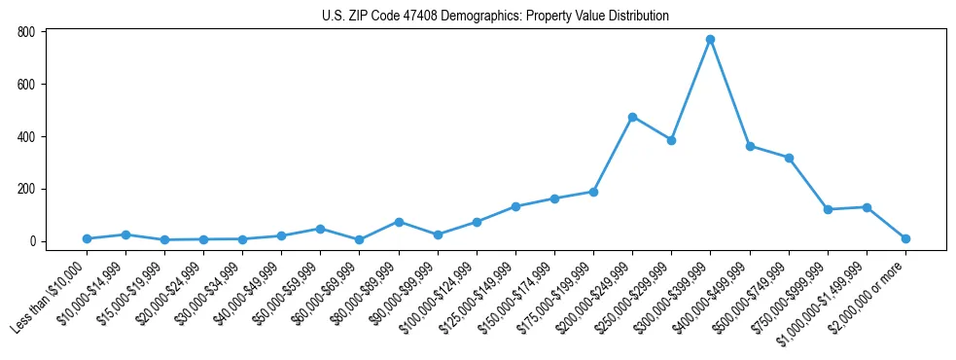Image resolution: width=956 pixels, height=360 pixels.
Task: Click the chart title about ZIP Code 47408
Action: (x=495, y=17)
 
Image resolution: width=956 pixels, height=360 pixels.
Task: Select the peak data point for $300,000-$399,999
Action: (x=710, y=40)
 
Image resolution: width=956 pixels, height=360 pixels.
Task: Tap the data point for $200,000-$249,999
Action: (x=632, y=117)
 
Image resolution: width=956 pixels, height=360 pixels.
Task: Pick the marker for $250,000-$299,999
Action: (x=671, y=140)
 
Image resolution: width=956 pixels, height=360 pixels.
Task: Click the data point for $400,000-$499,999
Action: (x=750, y=146)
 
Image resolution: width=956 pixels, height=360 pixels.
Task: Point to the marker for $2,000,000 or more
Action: (x=905, y=238)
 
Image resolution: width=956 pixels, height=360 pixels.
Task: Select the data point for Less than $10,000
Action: (x=87, y=238)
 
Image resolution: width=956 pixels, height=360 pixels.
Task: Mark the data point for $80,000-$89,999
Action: (x=399, y=222)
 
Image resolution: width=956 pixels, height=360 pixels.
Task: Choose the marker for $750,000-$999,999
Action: (x=828, y=209)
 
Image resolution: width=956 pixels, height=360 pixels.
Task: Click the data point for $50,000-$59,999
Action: (x=320, y=229)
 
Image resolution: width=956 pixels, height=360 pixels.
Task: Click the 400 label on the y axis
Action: (x=26, y=136)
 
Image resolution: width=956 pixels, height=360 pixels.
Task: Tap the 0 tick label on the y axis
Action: (x=32, y=241)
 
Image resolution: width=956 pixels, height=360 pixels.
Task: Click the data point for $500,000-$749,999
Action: (x=789, y=158)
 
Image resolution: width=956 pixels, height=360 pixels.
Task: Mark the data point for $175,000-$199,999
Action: (x=593, y=192)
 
